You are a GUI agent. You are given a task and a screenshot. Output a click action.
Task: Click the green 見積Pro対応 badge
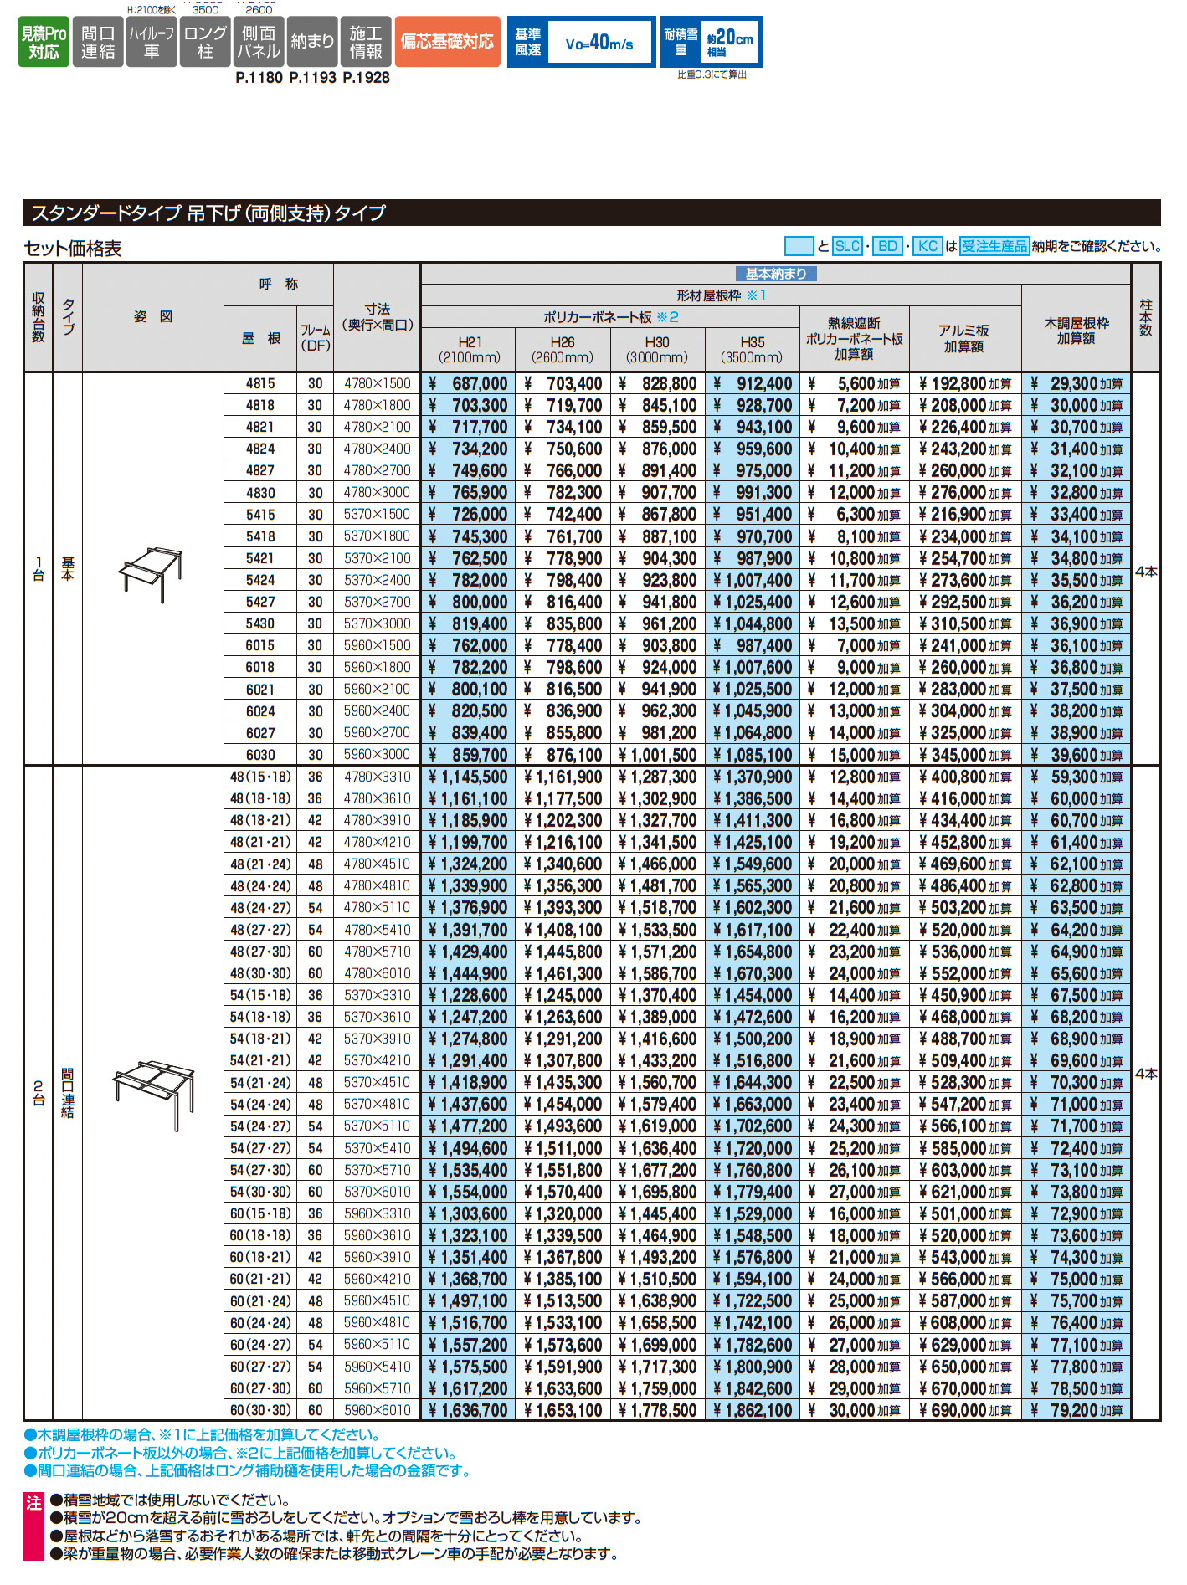point(44,42)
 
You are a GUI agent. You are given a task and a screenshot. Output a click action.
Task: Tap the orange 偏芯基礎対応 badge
point(447,42)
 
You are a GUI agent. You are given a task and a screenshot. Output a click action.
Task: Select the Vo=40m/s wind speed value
point(599,43)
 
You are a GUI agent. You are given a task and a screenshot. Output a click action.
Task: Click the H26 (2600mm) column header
point(563,350)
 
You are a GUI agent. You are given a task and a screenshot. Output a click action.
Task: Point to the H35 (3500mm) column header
point(752,350)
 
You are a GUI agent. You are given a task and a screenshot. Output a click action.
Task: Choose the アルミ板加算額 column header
point(963,338)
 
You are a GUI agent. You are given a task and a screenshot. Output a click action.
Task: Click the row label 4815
point(260,383)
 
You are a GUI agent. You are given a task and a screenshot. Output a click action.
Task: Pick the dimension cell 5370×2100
point(378,558)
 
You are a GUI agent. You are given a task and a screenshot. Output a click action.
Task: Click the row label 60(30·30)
point(260,1410)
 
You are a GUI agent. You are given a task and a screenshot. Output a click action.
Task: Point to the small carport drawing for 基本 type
point(151,572)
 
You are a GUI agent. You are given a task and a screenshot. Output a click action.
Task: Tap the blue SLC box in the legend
point(848,246)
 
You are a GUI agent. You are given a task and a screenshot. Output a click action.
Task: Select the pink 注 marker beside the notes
point(33,1503)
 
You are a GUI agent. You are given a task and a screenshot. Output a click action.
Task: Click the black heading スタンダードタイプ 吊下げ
point(209,213)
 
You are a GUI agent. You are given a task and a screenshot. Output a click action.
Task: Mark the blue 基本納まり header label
point(776,274)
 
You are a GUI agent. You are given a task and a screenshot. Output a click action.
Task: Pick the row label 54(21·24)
point(260,1082)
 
